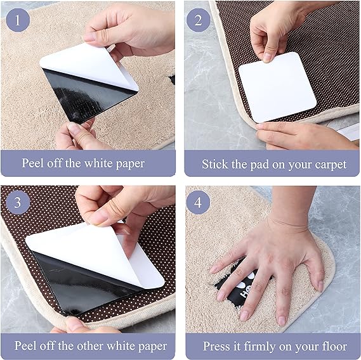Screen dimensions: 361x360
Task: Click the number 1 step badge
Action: (x=18, y=20)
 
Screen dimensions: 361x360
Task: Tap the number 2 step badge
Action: (x=198, y=20)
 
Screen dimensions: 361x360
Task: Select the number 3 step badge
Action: (x=18, y=202)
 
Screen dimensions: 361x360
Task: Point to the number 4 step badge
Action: (x=198, y=202)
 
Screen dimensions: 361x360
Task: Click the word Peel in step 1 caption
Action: (x=33, y=163)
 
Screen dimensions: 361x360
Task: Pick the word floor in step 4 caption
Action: (x=336, y=346)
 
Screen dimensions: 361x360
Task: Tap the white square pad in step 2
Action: (x=278, y=87)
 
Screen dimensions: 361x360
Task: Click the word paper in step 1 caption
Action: (x=130, y=164)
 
